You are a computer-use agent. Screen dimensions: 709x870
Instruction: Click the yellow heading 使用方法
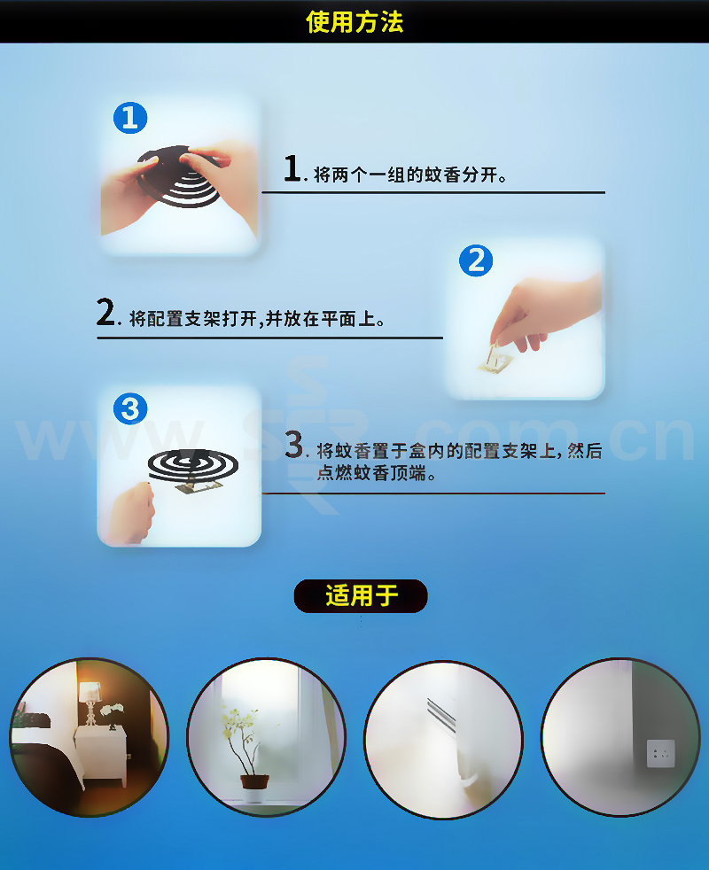pos(354,22)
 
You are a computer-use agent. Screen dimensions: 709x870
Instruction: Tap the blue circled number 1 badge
pos(130,118)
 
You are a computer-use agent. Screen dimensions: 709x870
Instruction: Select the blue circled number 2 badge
pos(476,260)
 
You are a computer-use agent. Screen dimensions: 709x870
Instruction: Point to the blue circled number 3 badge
pos(130,409)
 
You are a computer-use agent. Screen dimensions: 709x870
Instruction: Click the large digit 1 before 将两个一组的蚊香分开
pos(292,168)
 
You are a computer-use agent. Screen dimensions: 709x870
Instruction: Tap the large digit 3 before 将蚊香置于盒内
pos(294,445)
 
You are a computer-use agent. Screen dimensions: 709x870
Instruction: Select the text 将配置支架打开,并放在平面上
pos(256,318)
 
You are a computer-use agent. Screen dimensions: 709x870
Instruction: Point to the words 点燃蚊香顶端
pos(376,473)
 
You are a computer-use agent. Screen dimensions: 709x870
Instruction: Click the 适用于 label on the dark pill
pos(362,596)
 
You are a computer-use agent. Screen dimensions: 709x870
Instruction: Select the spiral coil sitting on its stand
pos(192,465)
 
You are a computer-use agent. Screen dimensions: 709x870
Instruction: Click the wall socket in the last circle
pos(660,753)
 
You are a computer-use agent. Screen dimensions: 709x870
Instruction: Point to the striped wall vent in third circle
pos(441,714)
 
